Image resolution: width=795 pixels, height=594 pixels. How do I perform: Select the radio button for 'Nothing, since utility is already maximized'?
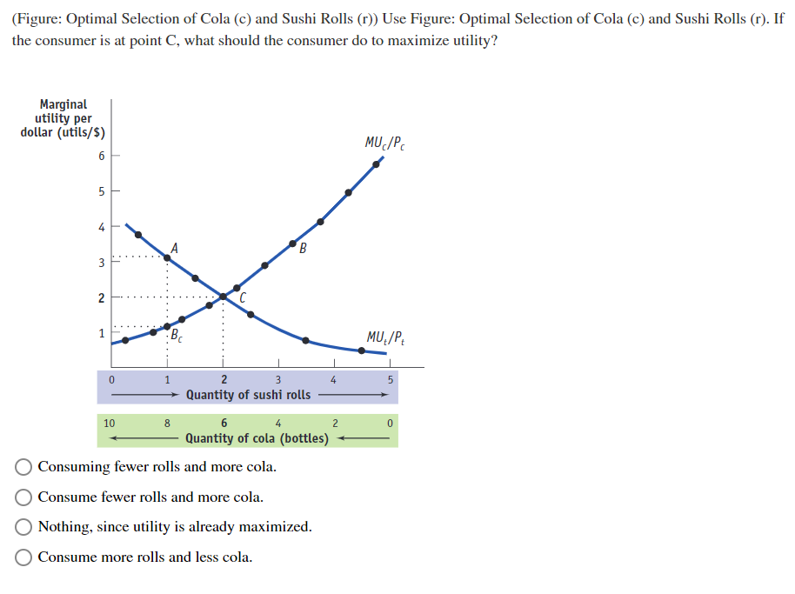coord(24,527)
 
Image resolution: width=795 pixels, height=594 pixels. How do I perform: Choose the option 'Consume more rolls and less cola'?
coord(24,557)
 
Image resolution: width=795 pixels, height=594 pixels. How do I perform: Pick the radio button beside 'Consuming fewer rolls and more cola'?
coord(24,467)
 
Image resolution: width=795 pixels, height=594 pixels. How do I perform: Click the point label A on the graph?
coord(175,247)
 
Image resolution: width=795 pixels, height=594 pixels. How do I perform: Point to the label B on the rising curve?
coord(303,251)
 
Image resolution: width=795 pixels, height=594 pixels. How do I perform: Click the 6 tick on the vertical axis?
coord(102,156)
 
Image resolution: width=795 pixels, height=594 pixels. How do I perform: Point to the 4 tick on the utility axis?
coord(102,227)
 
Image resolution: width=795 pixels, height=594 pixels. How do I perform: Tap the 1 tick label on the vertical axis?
coord(102,333)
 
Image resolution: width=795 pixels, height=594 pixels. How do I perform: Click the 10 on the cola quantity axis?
coord(109,424)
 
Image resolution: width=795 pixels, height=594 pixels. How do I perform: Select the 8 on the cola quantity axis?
coord(167,424)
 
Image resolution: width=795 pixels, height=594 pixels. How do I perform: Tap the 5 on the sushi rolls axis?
coord(391,379)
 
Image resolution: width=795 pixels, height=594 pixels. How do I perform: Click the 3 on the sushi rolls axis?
coord(278,379)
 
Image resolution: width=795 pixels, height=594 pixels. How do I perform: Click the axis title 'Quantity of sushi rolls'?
coord(248,395)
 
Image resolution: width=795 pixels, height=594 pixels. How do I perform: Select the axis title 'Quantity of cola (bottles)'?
coord(257,438)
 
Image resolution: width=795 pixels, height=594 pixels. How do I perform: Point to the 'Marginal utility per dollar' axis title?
coord(63,118)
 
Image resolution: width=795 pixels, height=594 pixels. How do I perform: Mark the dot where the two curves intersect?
coord(223,297)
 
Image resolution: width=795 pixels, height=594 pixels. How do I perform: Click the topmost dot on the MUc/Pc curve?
coord(376,164)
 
